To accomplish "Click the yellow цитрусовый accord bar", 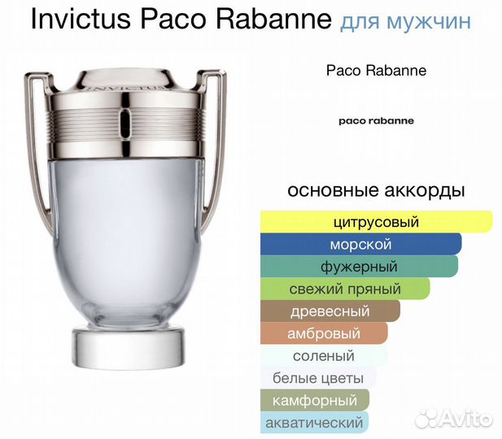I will pyautogui.click(x=376, y=221).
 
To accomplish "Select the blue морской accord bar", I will pyautogui.click(x=360, y=244).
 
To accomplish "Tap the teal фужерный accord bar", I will pyautogui.click(x=359, y=266).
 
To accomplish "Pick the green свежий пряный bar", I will pyautogui.click(x=345, y=289).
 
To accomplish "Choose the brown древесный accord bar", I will pyautogui.click(x=330, y=311).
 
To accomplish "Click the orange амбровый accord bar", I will pyautogui.click(x=324, y=333).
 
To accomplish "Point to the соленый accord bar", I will pyautogui.click(x=324, y=356).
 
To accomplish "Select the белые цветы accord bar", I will pyautogui.click(x=318, y=378).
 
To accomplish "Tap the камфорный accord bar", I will pyautogui.click(x=315, y=400).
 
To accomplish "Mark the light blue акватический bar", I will pyautogui.click(x=314, y=422).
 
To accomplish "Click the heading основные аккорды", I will pyautogui.click(x=376, y=191).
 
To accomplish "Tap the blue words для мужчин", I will pyautogui.click(x=402, y=21).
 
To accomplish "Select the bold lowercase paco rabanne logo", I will pyautogui.click(x=376, y=120).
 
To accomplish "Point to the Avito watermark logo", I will pyautogui.click(x=452, y=419).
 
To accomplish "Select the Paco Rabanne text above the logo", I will pyautogui.click(x=376, y=71).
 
